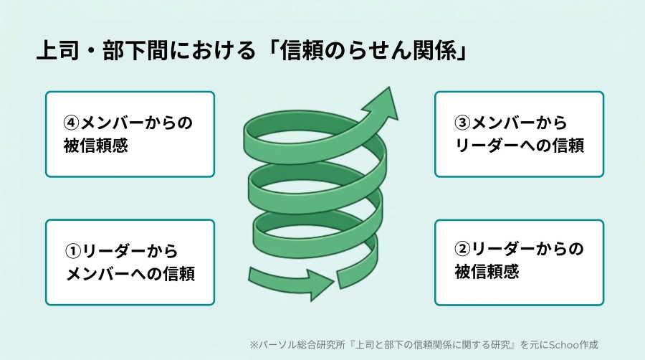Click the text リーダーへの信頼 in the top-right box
pos(520,146)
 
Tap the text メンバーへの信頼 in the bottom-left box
pos(130,274)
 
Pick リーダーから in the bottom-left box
pos(130,251)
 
